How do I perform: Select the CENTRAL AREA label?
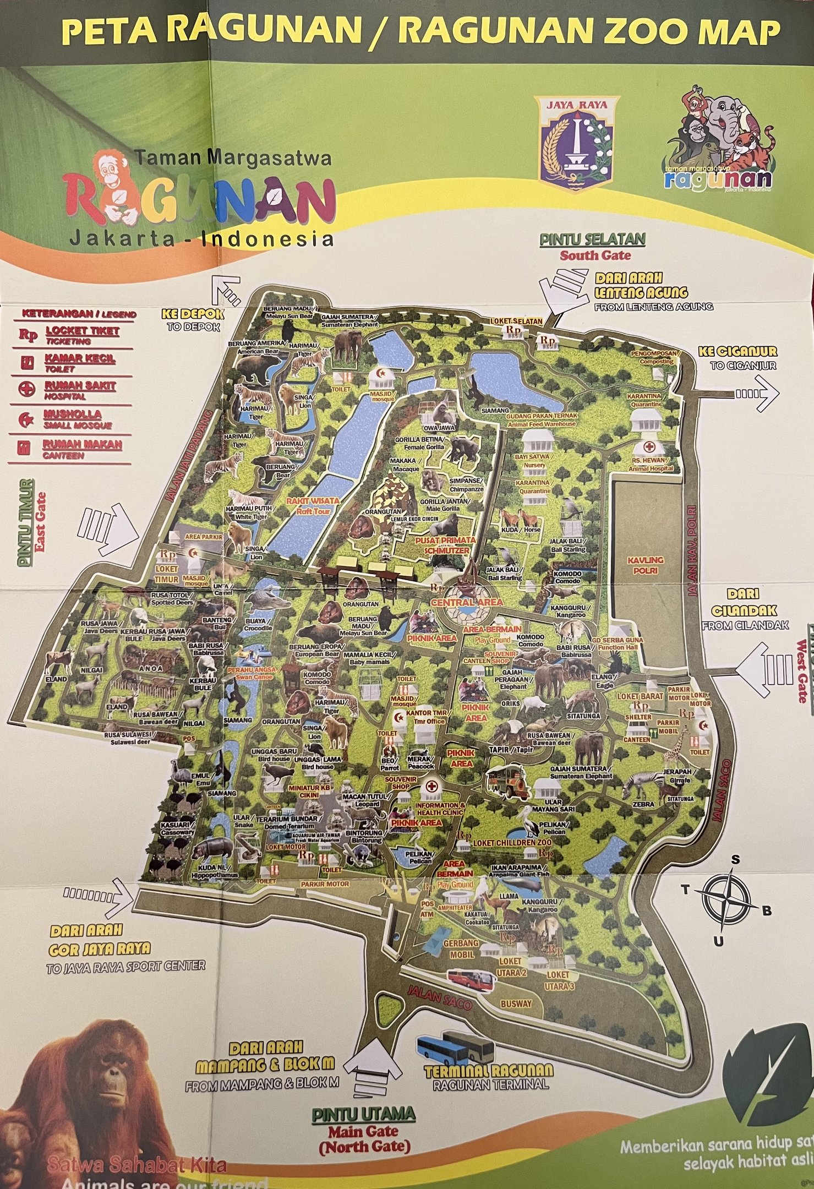click(467, 602)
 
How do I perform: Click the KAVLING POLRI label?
click(646, 565)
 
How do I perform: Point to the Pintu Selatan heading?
click(592, 239)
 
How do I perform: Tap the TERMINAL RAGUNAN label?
click(489, 1070)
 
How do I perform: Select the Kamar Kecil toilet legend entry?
click(80, 358)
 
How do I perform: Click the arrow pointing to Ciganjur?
click(758, 393)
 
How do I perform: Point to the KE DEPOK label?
click(193, 314)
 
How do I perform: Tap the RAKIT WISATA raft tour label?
click(312, 501)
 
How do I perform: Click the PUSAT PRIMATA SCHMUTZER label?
click(442, 546)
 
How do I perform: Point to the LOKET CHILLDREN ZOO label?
click(512, 843)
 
